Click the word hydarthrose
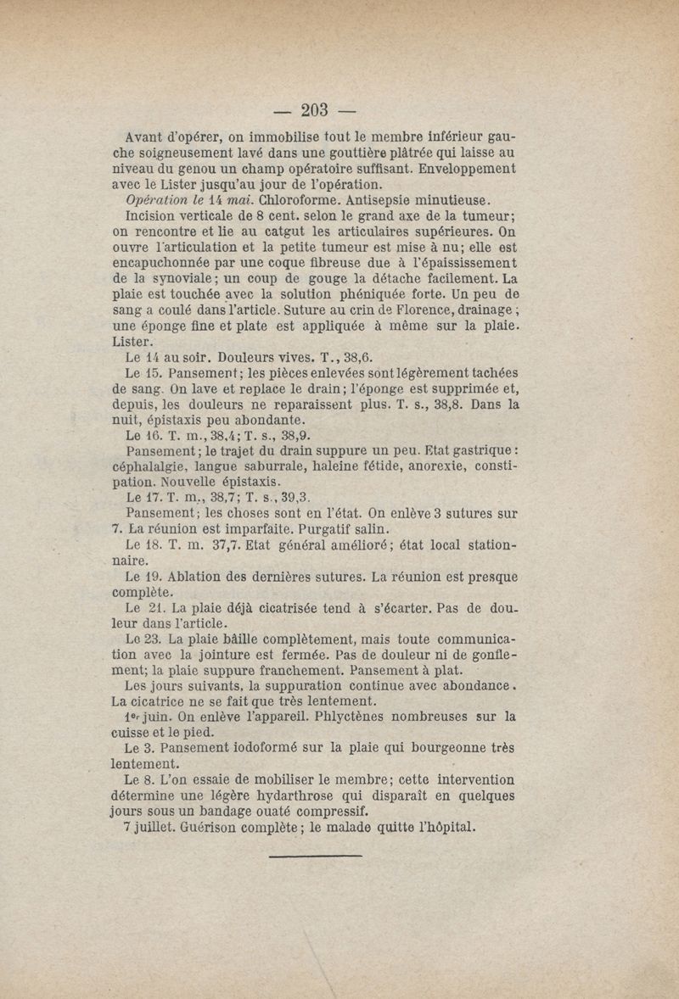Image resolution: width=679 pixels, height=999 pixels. (x=296, y=796)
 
